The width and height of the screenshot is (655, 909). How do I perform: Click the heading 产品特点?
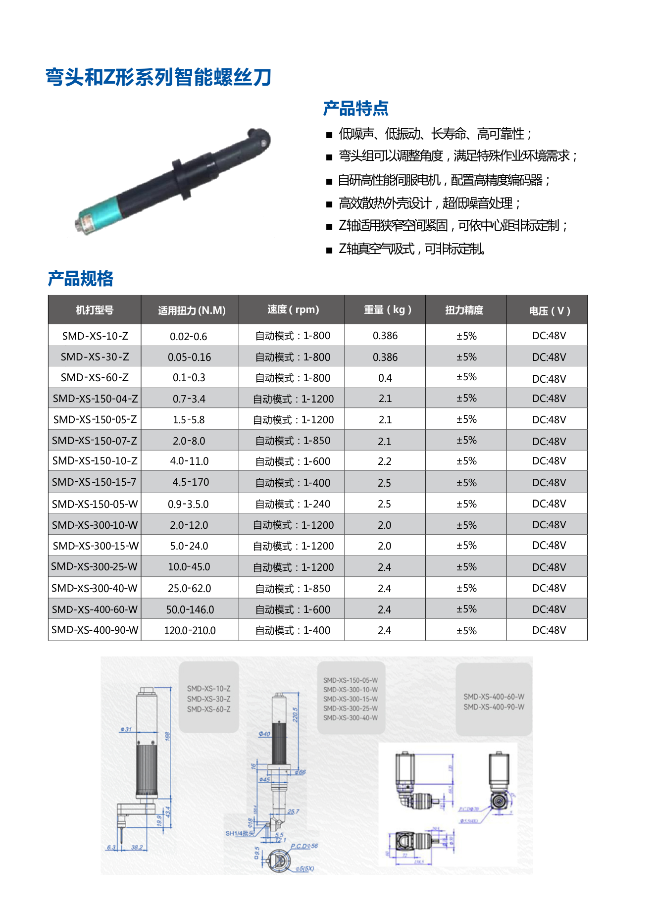click(355, 108)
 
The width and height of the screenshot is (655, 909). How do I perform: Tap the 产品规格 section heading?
click(81, 279)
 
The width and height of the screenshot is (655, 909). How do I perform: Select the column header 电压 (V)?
click(549, 310)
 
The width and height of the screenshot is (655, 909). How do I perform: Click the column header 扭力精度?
click(464, 310)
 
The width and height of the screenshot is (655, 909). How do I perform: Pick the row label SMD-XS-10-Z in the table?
click(95, 336)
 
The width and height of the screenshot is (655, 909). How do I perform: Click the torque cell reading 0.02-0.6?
click(188, 337)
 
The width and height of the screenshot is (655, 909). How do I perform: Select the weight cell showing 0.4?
click(385, 378)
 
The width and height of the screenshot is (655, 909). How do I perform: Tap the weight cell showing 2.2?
click(384, 461)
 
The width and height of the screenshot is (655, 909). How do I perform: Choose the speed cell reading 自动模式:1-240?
click(293, 504)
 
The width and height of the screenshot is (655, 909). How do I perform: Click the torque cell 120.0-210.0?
click(190, 630)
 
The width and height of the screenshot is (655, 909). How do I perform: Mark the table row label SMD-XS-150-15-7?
click(94, 482)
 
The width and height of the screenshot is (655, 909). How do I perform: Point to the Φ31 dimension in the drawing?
click(126, 729)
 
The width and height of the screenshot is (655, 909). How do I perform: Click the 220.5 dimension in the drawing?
click(296, 714)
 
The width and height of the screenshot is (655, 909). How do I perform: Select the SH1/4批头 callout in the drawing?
click(239, 833)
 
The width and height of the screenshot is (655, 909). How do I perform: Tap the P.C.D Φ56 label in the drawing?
click(304, 846)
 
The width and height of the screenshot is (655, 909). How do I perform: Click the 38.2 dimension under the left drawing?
click(137, 848)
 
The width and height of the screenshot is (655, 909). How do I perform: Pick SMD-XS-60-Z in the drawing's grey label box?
click(208, 709)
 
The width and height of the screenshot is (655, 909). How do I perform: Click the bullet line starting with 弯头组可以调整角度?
click(457, 156)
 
